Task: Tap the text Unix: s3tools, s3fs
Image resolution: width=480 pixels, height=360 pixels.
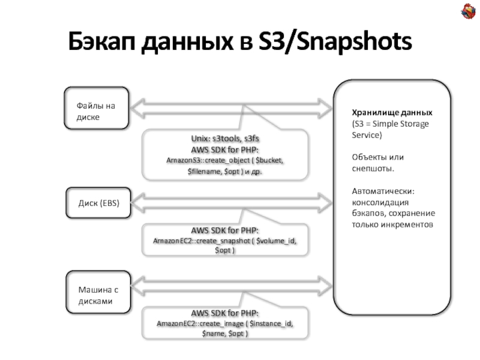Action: click(224, 139)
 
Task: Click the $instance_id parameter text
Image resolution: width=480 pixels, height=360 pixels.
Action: click(272, 324)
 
